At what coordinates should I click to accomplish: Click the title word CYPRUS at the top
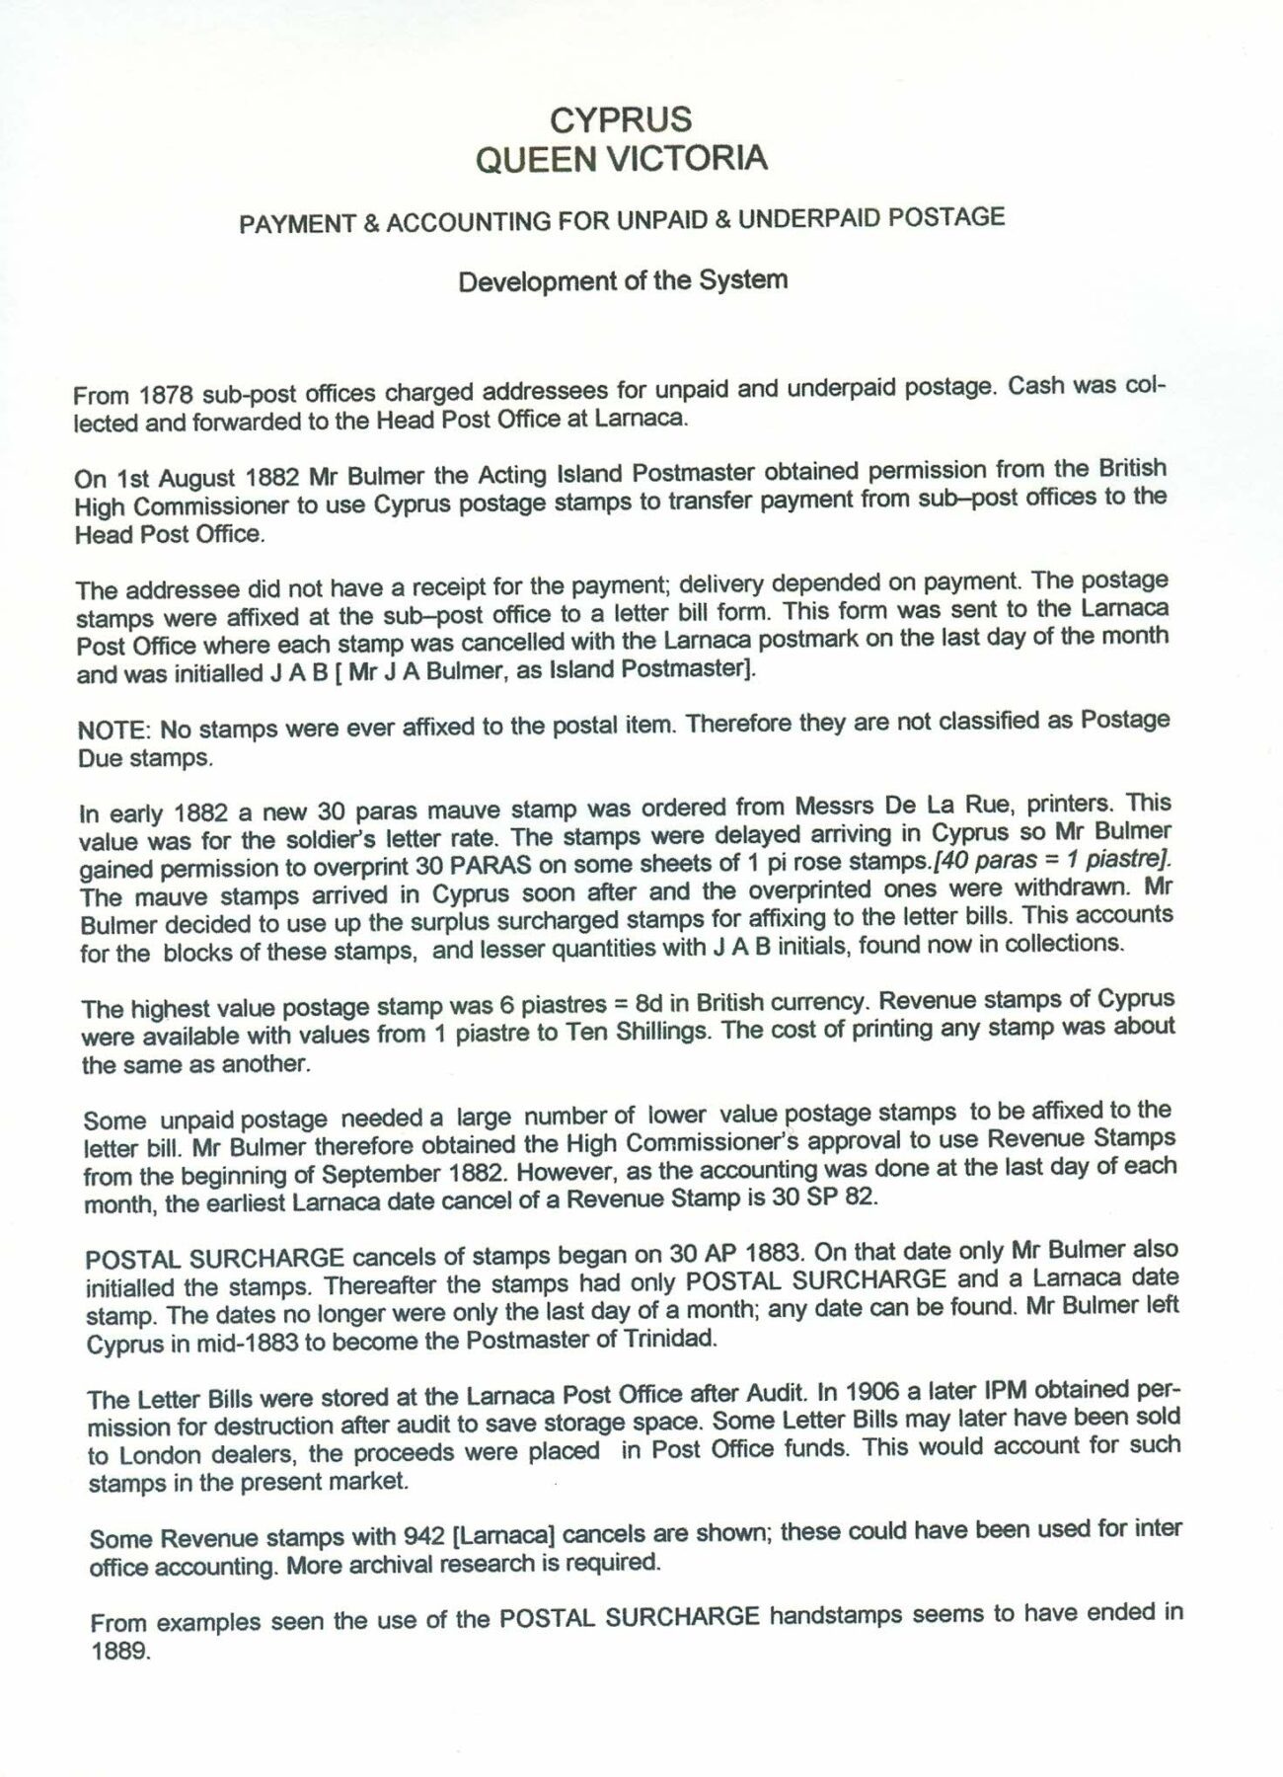[621, 120]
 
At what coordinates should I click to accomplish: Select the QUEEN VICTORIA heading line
[621, 158]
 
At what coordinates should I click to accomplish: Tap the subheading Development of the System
[623, 281]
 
